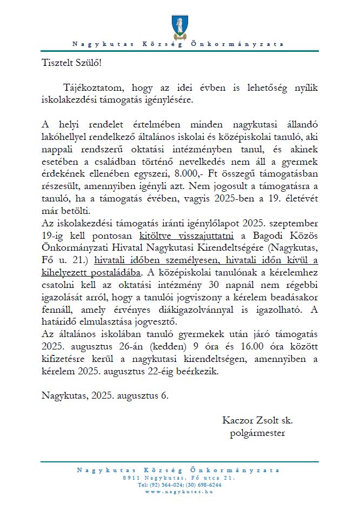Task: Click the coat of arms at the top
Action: pos(179,26)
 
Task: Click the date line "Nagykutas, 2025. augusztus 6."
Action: pos(105,395)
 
